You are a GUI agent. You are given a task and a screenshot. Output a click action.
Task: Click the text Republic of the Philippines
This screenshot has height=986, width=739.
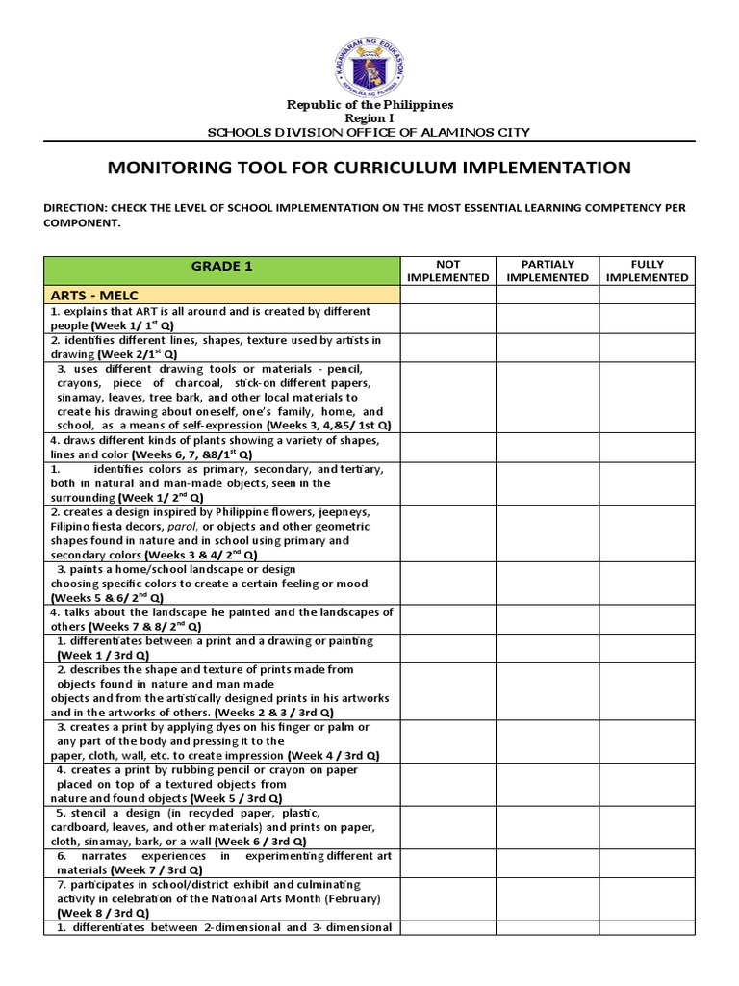point(369,104)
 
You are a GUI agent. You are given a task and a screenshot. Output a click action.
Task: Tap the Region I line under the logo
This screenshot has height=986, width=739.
point(369,117)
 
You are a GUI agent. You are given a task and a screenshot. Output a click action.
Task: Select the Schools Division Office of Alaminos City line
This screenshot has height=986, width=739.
point(369,132)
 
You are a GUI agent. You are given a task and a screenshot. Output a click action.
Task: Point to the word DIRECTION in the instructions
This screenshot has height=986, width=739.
point(76,208)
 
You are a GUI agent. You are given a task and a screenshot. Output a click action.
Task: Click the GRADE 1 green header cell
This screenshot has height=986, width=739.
point(221,267)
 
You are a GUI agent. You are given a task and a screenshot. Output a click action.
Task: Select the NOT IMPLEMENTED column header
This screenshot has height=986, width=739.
point(447,271)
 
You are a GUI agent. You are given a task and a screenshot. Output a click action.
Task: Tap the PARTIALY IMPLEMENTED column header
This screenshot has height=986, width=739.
point(547,271)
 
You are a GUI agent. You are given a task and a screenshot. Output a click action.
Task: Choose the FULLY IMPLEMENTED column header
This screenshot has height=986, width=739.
point(647,271)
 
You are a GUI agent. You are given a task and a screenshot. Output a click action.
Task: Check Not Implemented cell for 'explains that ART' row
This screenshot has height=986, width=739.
point(447,319)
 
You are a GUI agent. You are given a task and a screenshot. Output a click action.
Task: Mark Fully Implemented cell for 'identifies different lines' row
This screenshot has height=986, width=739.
point(647,347)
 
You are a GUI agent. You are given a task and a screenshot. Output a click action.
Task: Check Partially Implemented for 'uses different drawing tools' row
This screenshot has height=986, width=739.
point(547,397)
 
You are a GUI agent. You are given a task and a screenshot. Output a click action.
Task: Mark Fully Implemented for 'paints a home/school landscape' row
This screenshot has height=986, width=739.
point(647,584)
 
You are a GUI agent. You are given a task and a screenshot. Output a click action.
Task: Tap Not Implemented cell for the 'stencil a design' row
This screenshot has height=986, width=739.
point(447,827)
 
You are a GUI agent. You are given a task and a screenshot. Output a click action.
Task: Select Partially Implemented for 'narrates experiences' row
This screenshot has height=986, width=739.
point(547,863)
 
